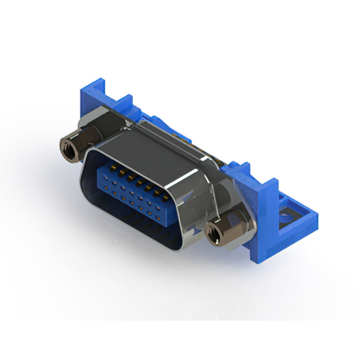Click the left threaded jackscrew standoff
(72, 148)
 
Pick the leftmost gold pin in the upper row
(111, 167)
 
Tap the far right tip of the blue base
(315, 217)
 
